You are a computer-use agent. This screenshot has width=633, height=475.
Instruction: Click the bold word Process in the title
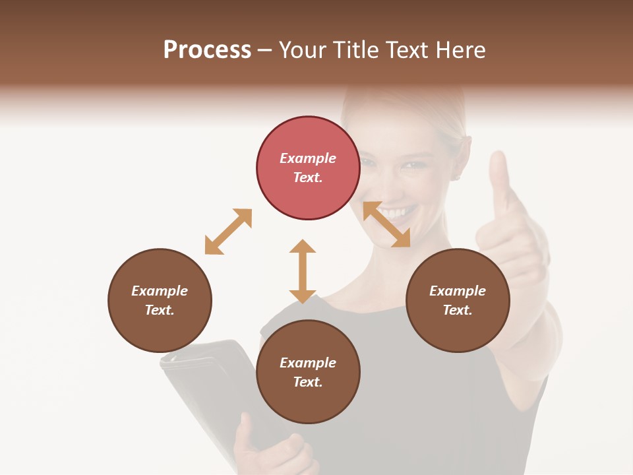[x=207, y=50]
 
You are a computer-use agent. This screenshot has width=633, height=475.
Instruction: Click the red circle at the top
[x=308, y=168]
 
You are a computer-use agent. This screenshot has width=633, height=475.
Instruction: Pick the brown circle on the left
[x=160, y=300]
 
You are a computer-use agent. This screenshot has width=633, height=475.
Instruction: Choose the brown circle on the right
[x=458, y=300]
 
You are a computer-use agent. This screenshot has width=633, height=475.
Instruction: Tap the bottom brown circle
[x=308, y=372]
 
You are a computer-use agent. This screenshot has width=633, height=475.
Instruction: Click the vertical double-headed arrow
[x=303, y=271]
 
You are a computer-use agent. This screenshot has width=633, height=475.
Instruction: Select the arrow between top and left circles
[x=228, y=232]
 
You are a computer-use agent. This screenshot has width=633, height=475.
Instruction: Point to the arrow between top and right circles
[x=386, y=224]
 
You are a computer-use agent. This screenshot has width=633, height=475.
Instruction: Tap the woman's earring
[x=456, y=177]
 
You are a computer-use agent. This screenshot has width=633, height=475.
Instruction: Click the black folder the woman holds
[x=198, y=383]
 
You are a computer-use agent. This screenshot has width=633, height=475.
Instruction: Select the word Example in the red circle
[x=308, y=158]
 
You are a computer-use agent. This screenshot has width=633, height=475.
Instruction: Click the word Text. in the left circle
[x=160, y=310]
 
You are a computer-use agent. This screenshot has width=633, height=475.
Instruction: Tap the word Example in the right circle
[x=458, y=291]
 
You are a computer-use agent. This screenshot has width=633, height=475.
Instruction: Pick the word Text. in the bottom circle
[x=308, y=382]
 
